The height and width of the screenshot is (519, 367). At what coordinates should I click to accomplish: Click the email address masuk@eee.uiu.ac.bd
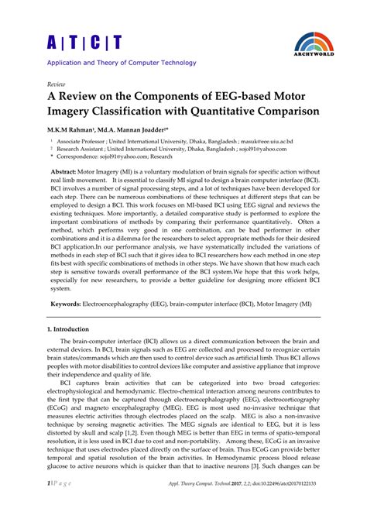pos(266,143)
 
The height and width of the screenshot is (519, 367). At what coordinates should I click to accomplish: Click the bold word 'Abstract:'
pos(67,170)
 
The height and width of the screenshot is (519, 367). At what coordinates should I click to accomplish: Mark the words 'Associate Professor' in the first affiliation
pos(81,143)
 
